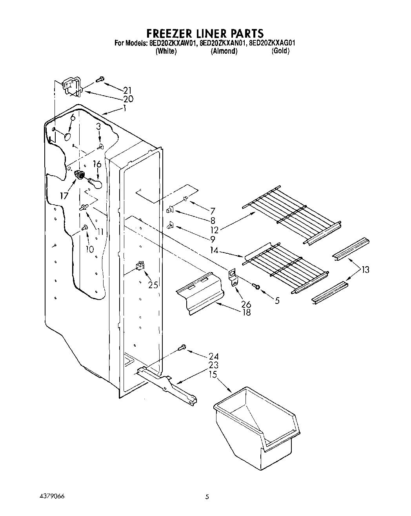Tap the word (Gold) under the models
280,51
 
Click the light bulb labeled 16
95,182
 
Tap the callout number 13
365,270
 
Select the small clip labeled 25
139,267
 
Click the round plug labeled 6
67,137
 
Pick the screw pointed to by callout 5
257,287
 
